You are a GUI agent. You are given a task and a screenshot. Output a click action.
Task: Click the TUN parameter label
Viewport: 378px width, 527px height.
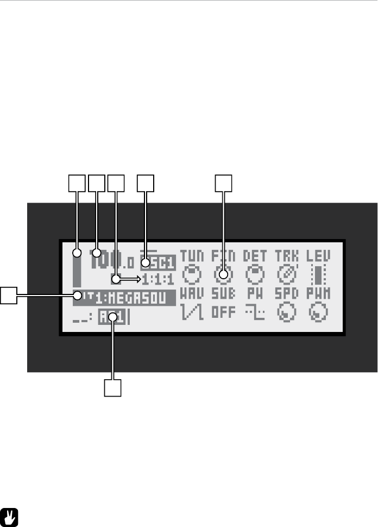tap(191, 255)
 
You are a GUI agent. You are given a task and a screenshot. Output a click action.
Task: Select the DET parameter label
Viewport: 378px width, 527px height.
tap(254, 255)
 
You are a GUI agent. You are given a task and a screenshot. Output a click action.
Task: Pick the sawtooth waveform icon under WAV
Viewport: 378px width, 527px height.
tap(191, 312)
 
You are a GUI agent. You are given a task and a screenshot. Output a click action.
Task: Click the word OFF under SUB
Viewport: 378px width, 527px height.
tap(223, 312)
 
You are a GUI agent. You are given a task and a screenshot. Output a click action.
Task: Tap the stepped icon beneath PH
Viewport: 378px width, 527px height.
tap(254, 312)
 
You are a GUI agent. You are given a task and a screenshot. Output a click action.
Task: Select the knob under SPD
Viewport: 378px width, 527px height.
tap(286, 312)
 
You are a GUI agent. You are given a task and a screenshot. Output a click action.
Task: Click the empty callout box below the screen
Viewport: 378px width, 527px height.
tap(112, 388)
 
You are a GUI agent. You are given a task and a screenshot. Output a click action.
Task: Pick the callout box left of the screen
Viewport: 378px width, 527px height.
tap(8, 296)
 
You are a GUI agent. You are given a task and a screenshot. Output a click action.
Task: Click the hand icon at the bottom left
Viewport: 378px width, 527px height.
tap(9, 517)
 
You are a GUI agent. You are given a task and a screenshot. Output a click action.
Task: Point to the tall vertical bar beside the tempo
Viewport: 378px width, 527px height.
tap(77, 268)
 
